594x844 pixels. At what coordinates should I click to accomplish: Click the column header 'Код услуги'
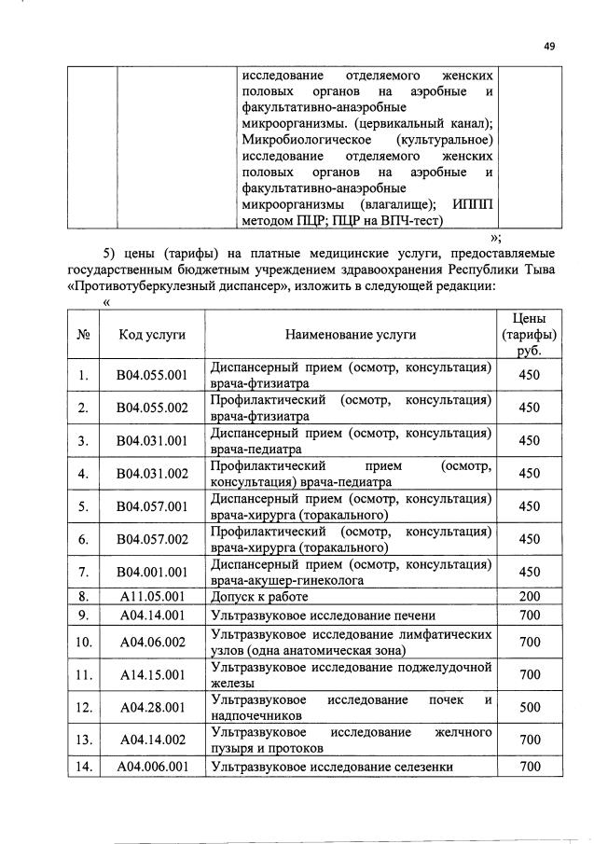(151, 335)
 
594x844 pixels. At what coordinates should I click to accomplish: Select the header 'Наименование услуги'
(351, 335)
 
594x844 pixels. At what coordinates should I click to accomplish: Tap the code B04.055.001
(151, 376)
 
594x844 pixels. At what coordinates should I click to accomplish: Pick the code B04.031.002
(151, 474)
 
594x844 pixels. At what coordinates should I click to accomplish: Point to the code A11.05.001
(151, 595)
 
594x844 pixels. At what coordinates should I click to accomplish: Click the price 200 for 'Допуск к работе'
(530, 595)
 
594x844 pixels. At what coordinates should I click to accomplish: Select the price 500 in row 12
(530, 707)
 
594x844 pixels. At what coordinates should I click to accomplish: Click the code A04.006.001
(151, 768)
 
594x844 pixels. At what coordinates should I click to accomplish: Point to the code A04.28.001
(151, 707)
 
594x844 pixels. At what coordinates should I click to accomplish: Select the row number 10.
(84, 642)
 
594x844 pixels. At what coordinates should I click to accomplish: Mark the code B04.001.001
(151, 572)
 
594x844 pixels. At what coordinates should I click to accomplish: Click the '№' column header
(84, 335)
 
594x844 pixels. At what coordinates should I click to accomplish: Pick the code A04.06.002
(151, 642)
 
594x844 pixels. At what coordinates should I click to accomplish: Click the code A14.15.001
(151, 674)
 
